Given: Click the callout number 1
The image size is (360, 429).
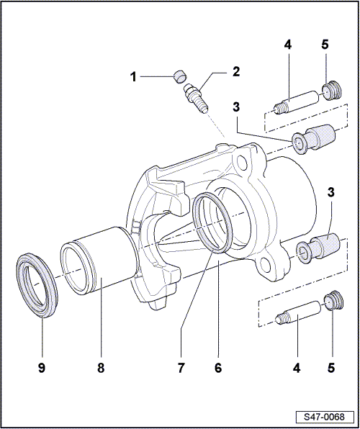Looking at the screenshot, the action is point(133,77).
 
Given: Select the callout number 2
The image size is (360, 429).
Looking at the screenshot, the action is point(236,72).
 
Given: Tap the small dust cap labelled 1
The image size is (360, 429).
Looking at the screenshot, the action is point(180,76).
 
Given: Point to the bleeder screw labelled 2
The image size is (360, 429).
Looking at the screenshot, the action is point(196,99).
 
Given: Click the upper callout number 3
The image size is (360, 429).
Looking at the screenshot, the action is point(236,107).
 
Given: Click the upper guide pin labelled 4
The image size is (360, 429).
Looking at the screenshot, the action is point(297,103).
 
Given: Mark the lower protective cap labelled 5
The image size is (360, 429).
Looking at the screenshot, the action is point(333,300).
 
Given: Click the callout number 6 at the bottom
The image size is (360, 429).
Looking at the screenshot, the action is point(218,368).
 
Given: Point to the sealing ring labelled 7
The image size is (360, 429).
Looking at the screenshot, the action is point(212,223).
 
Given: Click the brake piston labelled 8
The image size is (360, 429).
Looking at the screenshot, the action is point(99,261).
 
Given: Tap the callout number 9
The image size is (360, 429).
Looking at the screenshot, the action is point(42,368).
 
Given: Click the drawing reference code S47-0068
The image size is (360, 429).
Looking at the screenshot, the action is point(324,417).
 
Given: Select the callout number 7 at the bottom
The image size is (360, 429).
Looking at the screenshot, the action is point(181,368).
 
